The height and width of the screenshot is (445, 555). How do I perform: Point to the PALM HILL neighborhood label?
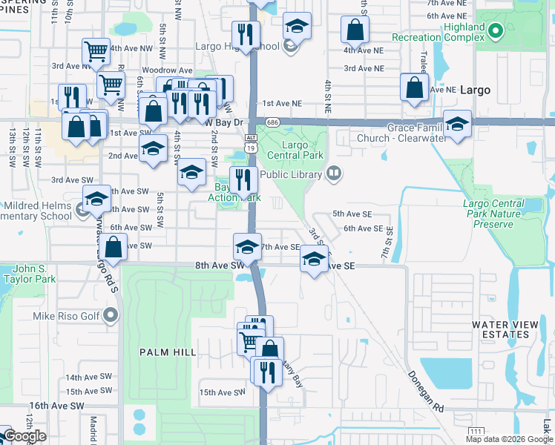click(168, 352)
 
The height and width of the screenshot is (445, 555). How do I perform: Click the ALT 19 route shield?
click(252, 142)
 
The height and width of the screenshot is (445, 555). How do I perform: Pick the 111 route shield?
click(476, 431)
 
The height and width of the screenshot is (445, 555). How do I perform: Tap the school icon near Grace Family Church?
click(457, 125)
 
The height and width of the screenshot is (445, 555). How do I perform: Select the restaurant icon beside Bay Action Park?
click(242, 180)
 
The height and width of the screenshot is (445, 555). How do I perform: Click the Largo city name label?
click(475, 90)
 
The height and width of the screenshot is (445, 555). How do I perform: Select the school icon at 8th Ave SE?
click(315, 260)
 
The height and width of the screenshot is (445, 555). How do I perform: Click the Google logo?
click(24, 435)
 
